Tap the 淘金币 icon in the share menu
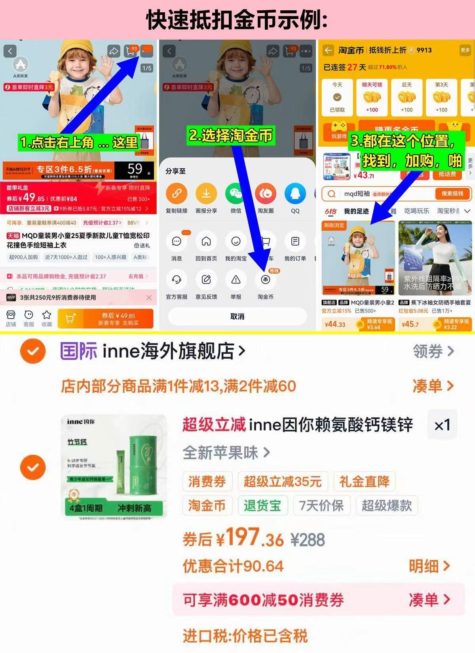click(265, 280)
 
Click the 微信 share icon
click(236, 193)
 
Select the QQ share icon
click(295, 193)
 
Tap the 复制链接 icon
click(177, 193)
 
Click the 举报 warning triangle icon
click(236, 280)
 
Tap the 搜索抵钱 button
click(452, 194)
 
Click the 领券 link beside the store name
click(433, 351)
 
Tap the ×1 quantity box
click(442, 425)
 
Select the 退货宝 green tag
click(262, 506)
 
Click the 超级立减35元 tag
click(283, 482)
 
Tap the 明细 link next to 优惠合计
click(429, 566)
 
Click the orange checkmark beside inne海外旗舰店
click(33, 351)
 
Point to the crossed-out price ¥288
click(308, 540)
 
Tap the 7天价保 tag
click(321, 506)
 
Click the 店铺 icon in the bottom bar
click(11, 318)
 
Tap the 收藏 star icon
click(47, 318)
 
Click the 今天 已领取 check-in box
click(337, 97)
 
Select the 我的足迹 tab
click(356, 211)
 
